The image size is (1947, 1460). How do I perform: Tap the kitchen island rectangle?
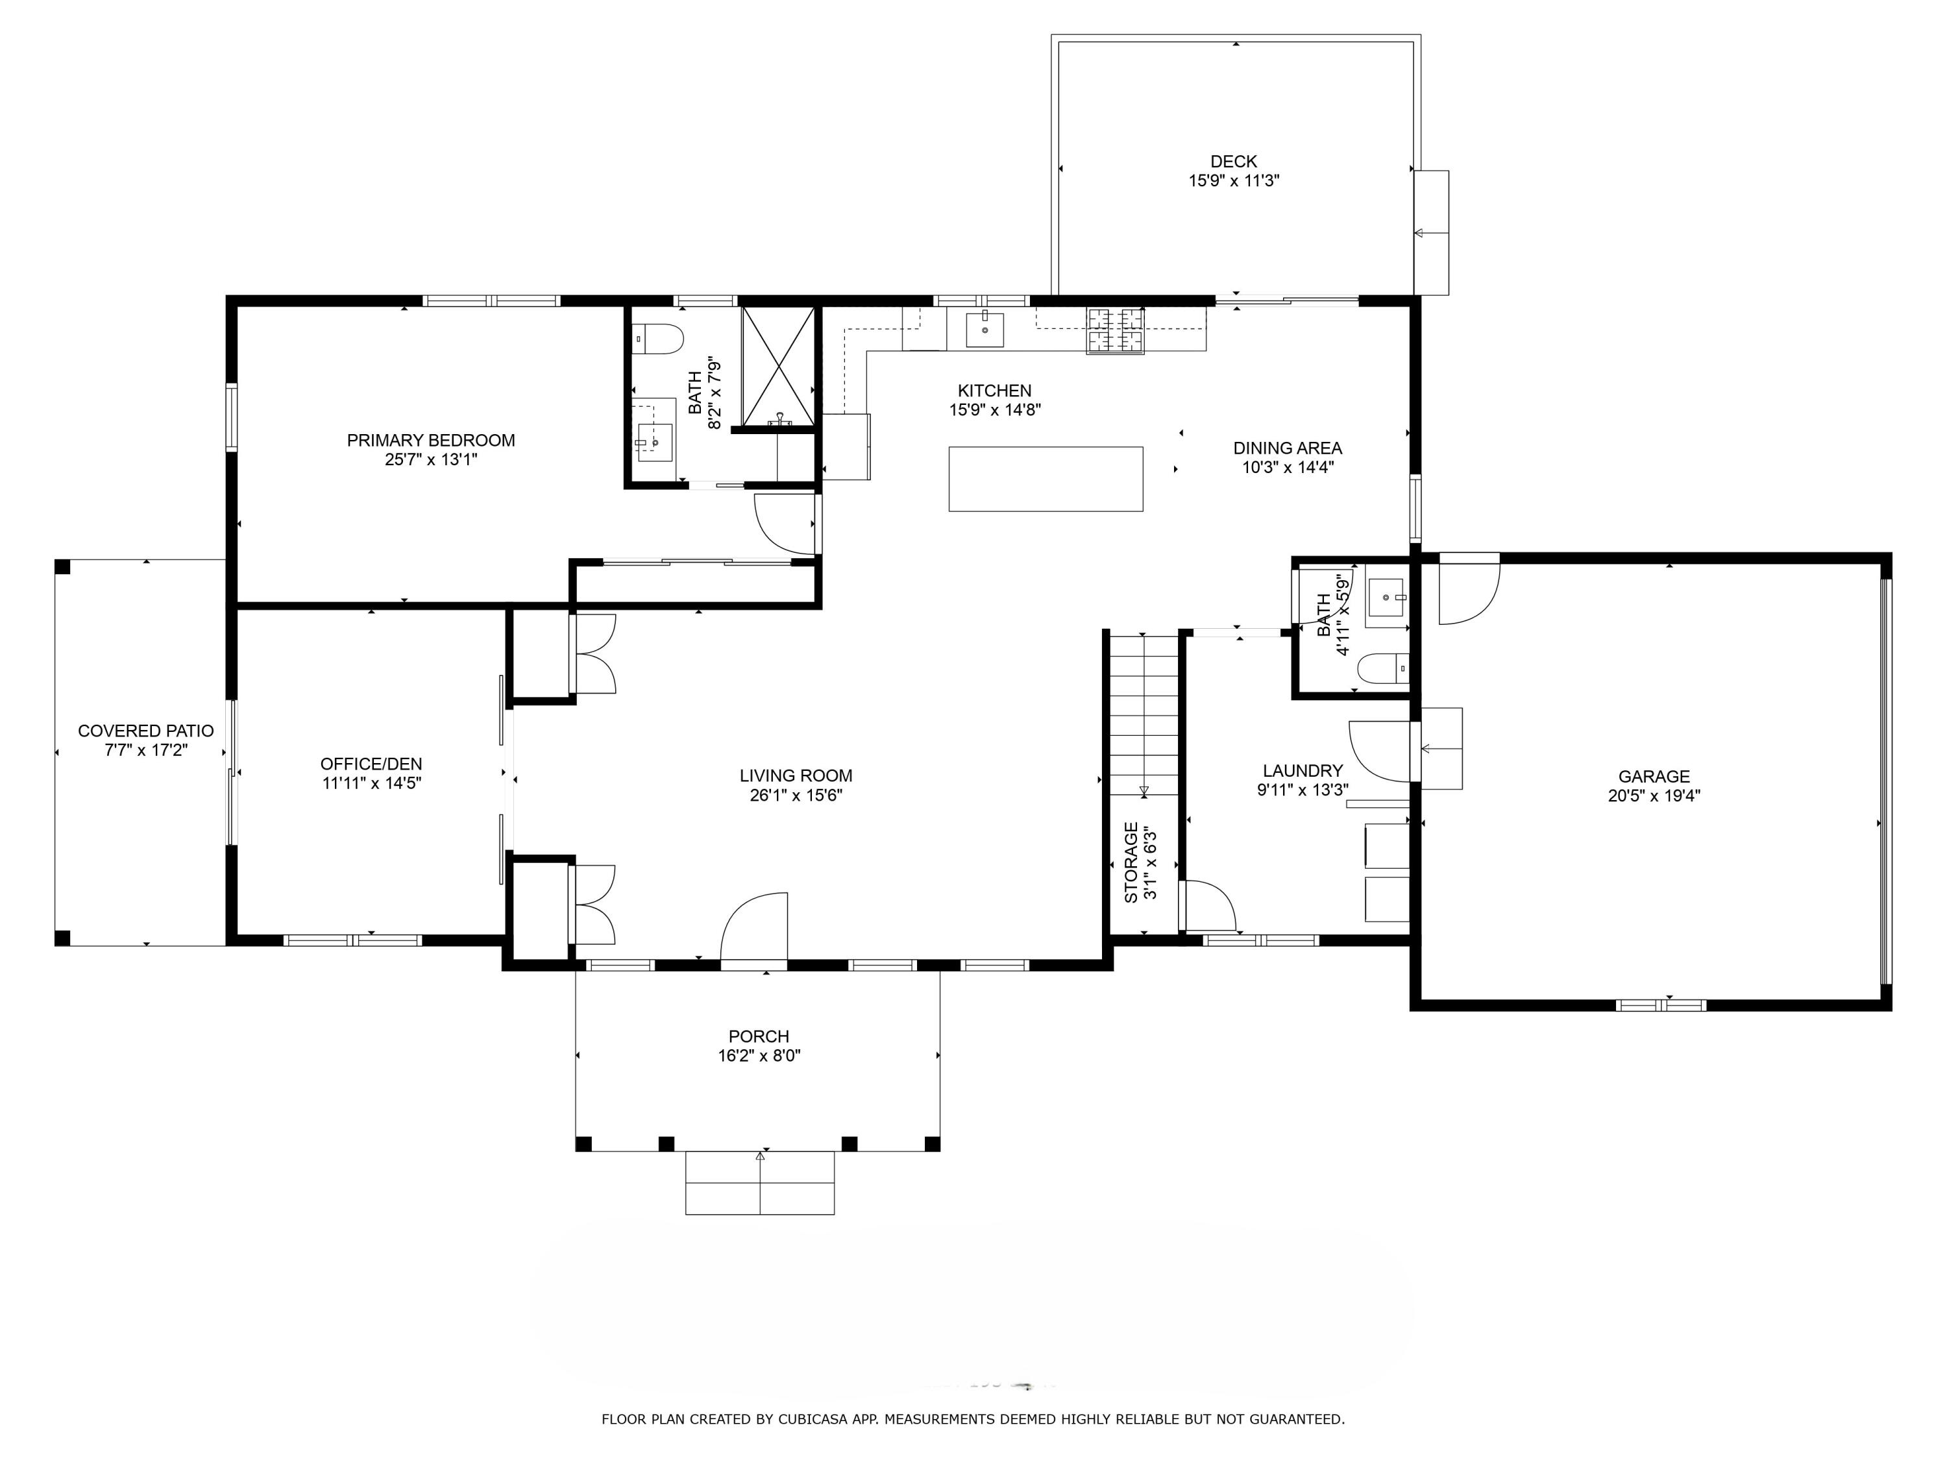[x=1045, y=479]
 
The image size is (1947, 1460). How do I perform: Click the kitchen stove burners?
[x=1115, y=331]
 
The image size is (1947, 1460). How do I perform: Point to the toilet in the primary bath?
[x=658, y=339]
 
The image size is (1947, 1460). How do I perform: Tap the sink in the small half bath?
[x=1386, y=602]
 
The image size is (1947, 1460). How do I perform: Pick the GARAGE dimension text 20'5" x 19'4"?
[x=1653, y=796]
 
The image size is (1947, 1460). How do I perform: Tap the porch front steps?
[x=759, y=1183]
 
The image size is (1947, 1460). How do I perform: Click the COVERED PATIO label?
[x=145, y=731]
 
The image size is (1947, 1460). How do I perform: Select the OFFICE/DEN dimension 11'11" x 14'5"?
[x=371, y=783]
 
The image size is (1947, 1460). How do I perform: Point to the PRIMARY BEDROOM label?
[x=430, y=440]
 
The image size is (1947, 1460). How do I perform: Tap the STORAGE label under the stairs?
[x=1131, y=862]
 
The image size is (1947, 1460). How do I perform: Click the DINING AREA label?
[x=1287, y=448]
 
